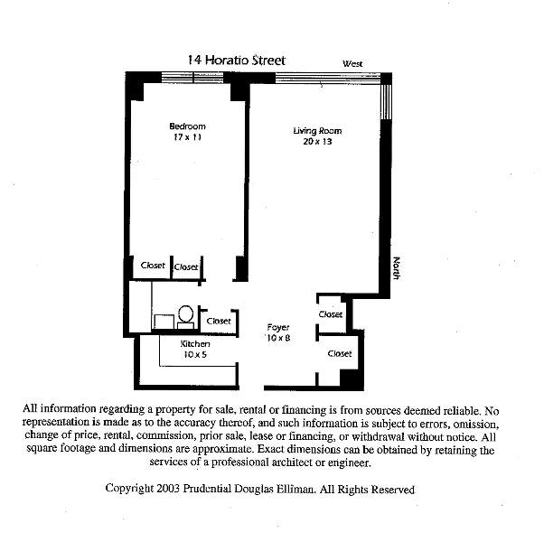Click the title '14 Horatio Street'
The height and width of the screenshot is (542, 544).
click(236, 61)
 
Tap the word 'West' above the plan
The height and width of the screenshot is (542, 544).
click(352, 64)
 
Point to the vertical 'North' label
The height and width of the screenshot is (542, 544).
click(396, 268)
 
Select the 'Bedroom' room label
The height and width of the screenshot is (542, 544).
click(187, 126)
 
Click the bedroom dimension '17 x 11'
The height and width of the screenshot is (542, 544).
click(187, 137)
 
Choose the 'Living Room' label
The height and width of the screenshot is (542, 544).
click(317, 131)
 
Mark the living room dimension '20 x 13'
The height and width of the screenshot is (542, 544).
click(317, 142)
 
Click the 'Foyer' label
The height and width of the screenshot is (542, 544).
click(278, 327)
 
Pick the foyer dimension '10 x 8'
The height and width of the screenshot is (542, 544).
click(278, 338)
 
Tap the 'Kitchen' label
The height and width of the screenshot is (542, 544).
click(195, 344)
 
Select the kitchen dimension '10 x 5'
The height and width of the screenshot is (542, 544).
click(195, 355)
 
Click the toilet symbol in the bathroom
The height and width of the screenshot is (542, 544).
click(185, 316)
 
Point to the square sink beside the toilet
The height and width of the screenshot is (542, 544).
click(164, 322)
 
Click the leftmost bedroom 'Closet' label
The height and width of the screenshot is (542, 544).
click(154, 266)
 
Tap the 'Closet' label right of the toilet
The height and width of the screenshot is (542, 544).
click(219, 321)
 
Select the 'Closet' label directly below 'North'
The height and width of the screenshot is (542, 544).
click(331, 314)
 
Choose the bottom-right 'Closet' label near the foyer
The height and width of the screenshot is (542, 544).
click(340, 354)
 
